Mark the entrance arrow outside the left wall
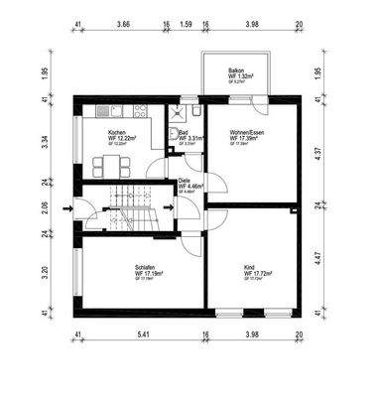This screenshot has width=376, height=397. (65, 209)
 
